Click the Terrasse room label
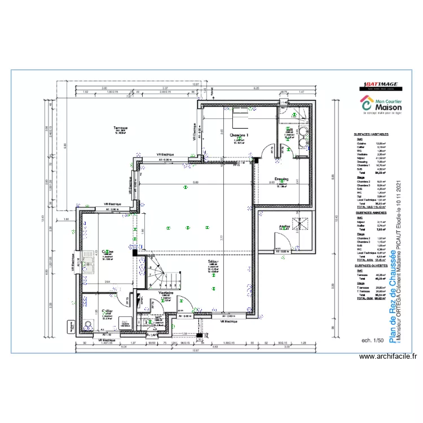click(x=120, y=128)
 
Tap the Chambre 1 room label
click(x=239, y=135)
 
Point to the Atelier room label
click(x=284, y=227)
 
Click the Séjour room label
click(x=213, y=262)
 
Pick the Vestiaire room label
click(x=166, y=293)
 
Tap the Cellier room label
click(x=107, y=310)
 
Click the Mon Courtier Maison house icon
click(x=367, y=105)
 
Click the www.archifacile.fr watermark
click(x=389, y=356)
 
